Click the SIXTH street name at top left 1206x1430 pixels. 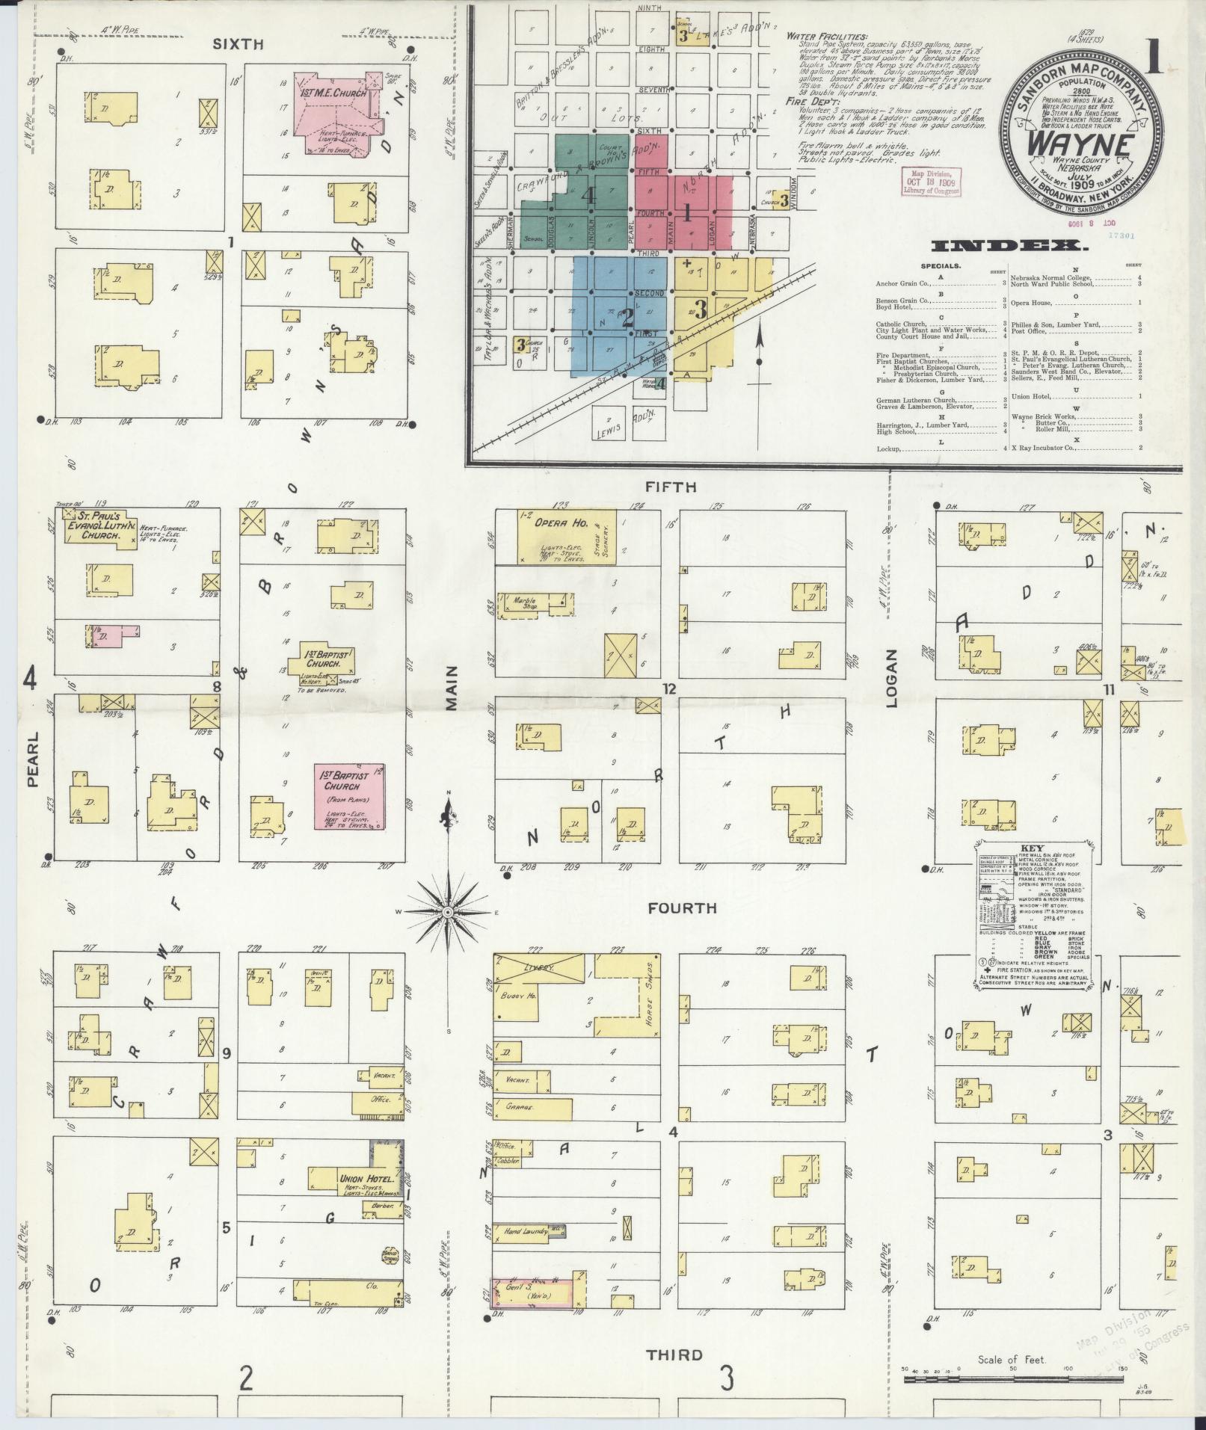coord(239,44)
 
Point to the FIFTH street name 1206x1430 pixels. coord(671,487)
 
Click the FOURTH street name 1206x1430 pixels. coord(682,908)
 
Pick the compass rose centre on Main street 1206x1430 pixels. coord(447,913)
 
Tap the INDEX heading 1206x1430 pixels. coord(1009,246)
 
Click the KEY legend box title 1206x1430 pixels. coord(1022,848)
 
